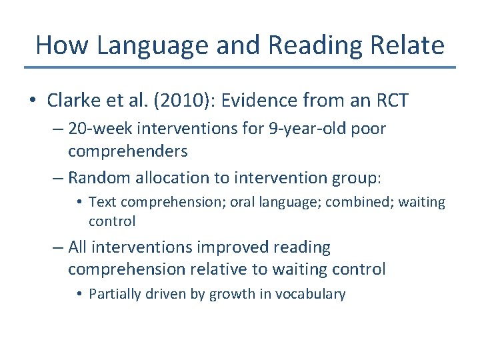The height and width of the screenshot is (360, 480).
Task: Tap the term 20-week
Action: (x=99, y=129)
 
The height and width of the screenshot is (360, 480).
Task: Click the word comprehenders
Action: (x=127, y=151)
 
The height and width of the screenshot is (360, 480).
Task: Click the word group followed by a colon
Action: (x=358, y=177)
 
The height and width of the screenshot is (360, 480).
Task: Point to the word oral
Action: (x=244, y=201)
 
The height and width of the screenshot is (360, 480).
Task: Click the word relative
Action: (x=243, y=269)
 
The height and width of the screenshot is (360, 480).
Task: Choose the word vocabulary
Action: (x=312, y=294)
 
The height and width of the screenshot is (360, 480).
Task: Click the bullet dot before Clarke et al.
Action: (x=32, y=101)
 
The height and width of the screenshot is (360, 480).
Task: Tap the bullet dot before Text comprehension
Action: (x=79, y=202)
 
